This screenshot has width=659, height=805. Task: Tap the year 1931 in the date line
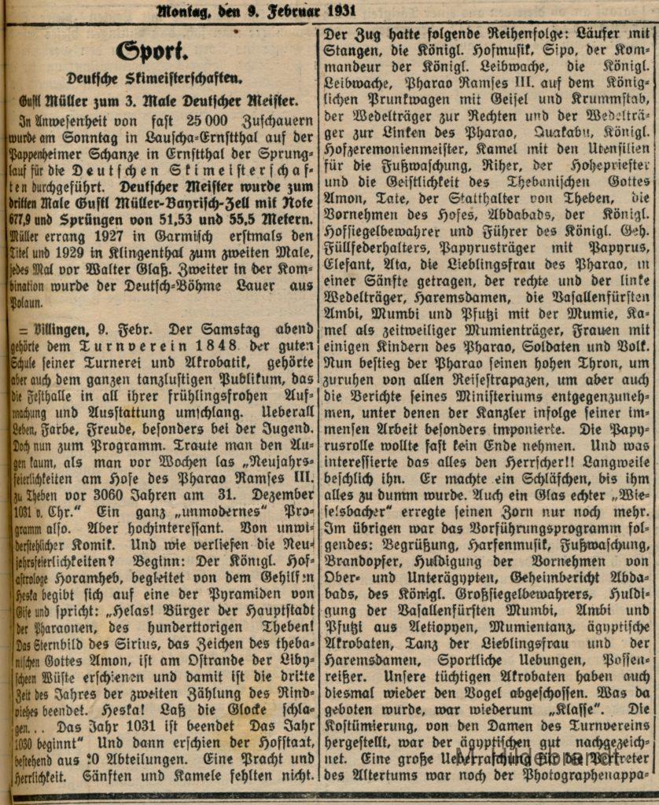click(x=337, y=10)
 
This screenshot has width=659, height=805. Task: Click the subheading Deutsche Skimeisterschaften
click(x=154, y=79)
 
